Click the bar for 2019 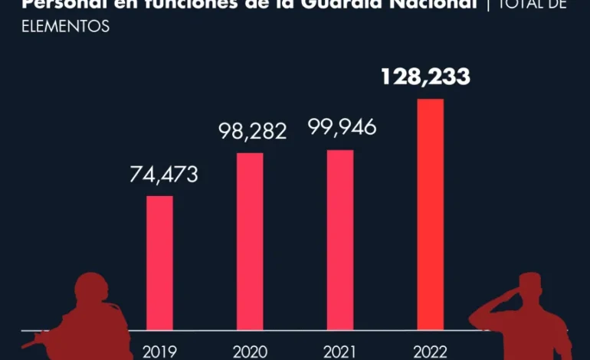[159, 263]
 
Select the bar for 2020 [250, 241]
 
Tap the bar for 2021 [340, 240]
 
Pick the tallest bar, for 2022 [430, 214]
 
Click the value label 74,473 [162, 175]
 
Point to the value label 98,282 [251, 131]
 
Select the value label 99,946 [342, 127]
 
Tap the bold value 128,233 [428, 77]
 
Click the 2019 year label [159, 352]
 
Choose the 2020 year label [250, 352]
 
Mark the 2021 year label [340, 352]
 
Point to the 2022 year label [430, 352]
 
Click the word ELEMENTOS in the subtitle [65, 27]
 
